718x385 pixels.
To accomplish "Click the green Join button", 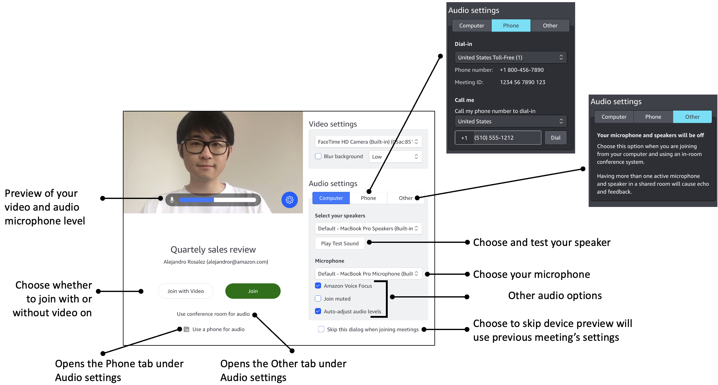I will (x=253, y=291).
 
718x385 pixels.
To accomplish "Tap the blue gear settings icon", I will (x=289, y=200).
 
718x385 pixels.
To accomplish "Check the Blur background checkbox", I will (x=318, y=156).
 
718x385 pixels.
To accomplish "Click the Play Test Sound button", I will (x=339, y=243).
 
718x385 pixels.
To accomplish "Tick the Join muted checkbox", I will (x=318, y=299).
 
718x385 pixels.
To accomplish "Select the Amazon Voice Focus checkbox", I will (x=318, y=286).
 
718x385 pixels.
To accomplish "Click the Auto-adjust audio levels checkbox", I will (x=318, y=311).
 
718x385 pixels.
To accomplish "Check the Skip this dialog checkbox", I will (x=321, y=329).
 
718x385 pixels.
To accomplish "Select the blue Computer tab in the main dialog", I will (x=331, y=198).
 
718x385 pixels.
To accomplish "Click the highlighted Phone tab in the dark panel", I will (x=511, y=25).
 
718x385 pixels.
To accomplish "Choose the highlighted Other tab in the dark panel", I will (x=692, y=117).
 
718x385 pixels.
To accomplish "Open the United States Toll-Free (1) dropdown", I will (x=510, y=57).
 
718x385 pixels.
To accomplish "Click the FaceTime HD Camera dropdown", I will (x=368, y=142).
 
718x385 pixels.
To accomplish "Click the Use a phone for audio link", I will (x=218, y=329).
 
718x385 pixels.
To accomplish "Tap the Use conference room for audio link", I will (x=213, y=314).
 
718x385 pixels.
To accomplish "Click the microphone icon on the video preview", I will (x=172, y=200).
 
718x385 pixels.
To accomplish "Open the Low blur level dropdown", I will (x=395, y=157).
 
